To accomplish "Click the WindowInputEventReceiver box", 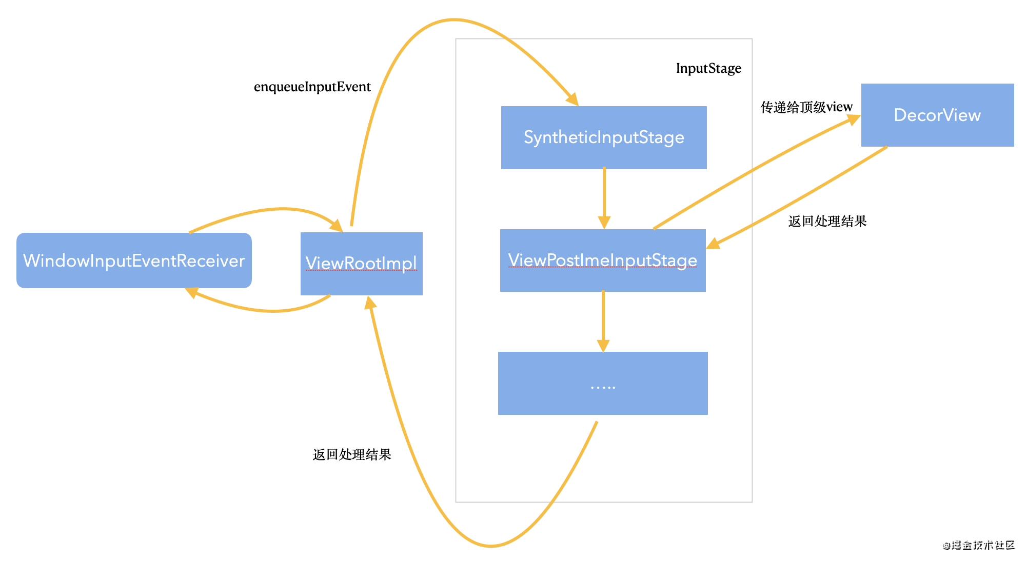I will coord(134,261).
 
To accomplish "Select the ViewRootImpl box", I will coord(361,264).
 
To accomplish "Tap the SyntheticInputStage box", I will coord(604,137).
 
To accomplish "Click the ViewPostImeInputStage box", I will coord(603,261).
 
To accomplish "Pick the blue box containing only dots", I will coord(603,384).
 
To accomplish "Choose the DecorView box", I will coord(937,115).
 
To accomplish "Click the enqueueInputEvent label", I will coord(312,87).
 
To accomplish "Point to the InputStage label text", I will coord(708,68).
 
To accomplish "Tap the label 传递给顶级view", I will coord(806,107).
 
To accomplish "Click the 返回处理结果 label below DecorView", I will coord(827,221).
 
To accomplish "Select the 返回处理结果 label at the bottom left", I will coord(352,454).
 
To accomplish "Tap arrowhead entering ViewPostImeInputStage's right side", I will coord(713,244).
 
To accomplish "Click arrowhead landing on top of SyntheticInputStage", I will coord(572,99).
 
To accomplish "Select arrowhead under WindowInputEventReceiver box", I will coord(191,292).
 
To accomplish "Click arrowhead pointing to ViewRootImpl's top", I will coord(337,226).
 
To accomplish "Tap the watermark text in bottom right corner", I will coord(978,545).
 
